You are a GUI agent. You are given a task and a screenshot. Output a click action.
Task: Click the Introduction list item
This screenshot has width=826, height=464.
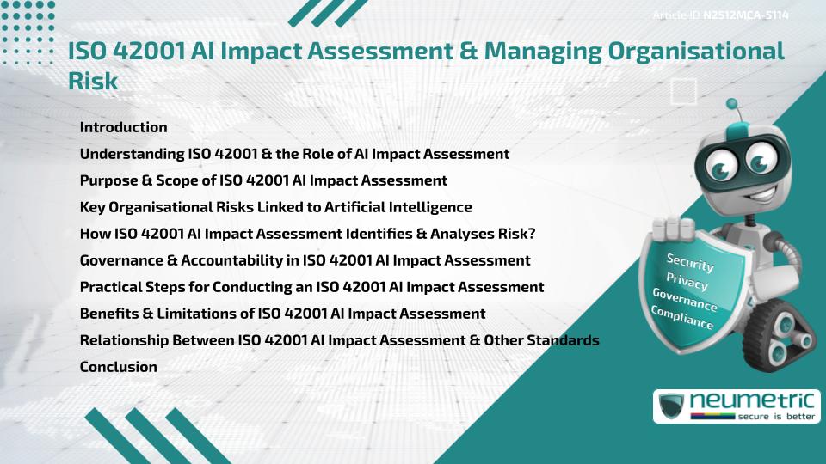(123, 127)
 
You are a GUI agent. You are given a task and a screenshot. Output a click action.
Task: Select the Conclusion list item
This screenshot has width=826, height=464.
(118, 367)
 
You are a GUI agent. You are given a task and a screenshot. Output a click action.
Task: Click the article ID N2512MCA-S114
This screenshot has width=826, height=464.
(746, 15)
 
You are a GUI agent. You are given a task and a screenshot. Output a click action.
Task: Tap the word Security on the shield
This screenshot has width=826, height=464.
(689, 263)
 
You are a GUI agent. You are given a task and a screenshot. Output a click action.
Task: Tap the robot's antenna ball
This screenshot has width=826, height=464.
(732, 105)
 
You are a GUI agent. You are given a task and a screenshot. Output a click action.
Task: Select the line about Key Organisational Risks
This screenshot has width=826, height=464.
(275, 207)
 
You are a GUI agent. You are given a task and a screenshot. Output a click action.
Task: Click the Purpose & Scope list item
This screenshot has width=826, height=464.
(263, 180)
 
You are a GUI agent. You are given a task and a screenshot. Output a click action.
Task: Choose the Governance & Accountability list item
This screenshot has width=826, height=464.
(305, 260)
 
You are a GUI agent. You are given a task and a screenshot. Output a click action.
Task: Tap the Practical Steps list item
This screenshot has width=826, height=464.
(311, 287)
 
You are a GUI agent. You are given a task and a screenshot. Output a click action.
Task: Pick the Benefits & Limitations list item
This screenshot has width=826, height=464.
(282, 314)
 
